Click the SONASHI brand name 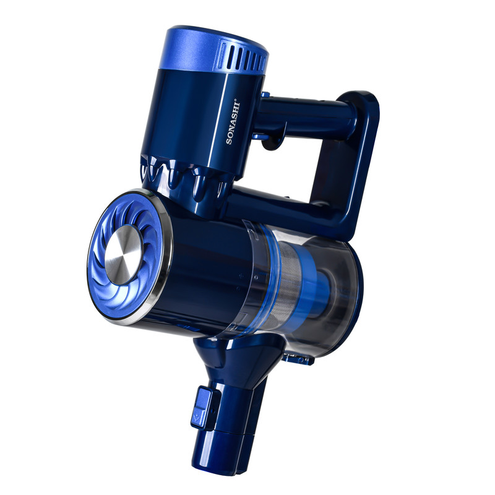coord(233,123)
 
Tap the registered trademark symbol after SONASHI coord(239,101)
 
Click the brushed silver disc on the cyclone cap coord(123,255)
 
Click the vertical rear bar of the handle coord(360,158)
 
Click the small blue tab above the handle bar coord(265,94)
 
